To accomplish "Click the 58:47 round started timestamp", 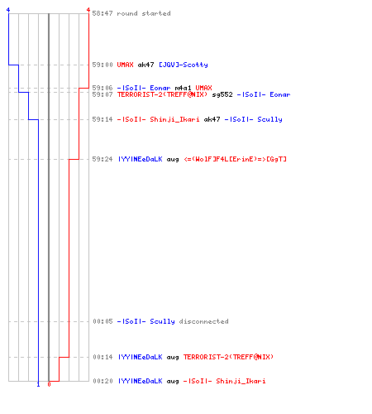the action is (103, 13).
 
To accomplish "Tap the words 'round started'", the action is (144, 13).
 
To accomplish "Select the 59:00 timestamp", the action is (103, 65).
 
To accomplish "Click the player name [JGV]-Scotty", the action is (184, 65).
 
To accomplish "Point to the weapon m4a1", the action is (183, 88).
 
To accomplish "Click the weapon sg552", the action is (222, 94).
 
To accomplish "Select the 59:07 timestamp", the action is (103, 94).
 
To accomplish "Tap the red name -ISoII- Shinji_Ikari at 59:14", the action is (158, 119).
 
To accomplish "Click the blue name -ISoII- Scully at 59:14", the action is (253, 119).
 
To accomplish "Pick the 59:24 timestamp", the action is (103, 159).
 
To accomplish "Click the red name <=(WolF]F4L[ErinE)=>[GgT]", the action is (235, 159).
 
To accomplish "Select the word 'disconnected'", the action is (203, 321).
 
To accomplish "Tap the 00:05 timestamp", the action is (103, 321).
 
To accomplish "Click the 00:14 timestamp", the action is (103, 357).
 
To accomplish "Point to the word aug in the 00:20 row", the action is (173, 382).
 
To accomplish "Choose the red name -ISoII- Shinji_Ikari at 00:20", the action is (224, 381).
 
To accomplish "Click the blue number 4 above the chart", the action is (8, 10).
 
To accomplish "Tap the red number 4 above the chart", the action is (88, 10).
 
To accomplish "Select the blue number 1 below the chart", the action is (38, 384).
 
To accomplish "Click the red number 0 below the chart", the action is (49, 384).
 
